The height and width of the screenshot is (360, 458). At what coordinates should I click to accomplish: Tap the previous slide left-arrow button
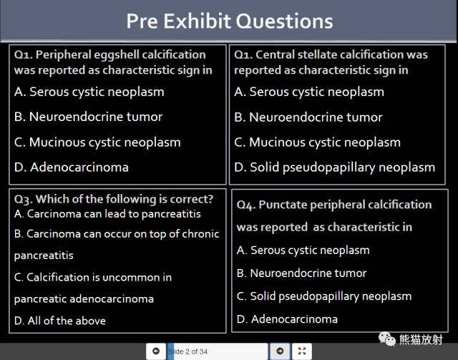pyautogui.click(x=156, y=351)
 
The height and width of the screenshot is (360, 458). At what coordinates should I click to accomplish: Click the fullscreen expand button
pyautogui.click(x=302, y=351)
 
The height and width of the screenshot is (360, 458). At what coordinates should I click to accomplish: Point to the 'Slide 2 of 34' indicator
pyautogui.click(x=187, y=351)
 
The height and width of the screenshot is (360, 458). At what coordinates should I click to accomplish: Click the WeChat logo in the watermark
pyautogui.click(x=386, y=339)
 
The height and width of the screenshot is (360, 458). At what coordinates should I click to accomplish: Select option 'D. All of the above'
pyautogui.click(x=60, y=321)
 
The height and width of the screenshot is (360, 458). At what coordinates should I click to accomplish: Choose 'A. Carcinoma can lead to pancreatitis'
pyautogui.click(x=107, y=214)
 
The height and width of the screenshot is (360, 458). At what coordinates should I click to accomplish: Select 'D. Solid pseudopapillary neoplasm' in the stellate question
pyautogui.click(x=335, y=167)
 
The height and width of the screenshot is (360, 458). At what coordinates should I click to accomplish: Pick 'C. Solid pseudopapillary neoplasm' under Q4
pyautogui.click(x=324, y=296)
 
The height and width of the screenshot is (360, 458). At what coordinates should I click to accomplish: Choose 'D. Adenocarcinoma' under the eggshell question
pyautogui.click(x=72, y=167)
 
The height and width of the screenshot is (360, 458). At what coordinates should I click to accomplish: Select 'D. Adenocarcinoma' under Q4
pyautogui.click(x=287, y=319)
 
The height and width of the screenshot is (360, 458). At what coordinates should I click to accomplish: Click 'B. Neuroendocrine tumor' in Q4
pyautogui.click(x=301, y=273)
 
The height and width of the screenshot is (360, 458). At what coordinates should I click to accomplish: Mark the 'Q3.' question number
pyautogui.click(x=24, y=200)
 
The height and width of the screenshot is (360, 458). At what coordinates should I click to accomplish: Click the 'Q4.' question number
pyautogui.click(x=246, y=205)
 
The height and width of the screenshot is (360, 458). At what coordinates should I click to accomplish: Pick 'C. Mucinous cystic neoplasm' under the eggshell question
pyautogui.click(x=97, y=142)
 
